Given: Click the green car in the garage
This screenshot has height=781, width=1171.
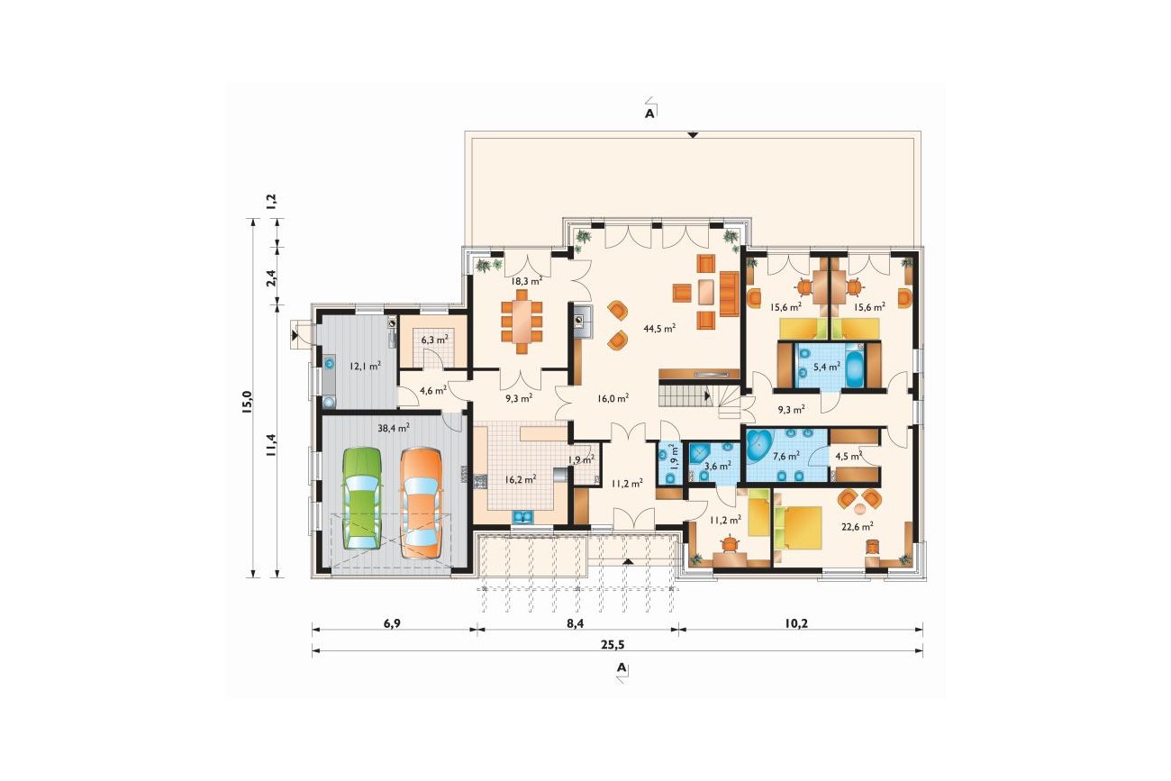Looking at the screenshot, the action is click(x=361, y=498).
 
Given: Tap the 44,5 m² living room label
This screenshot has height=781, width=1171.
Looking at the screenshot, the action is click(x=659, y=328).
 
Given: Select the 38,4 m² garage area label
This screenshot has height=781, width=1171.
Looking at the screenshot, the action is click(x=393, y=428).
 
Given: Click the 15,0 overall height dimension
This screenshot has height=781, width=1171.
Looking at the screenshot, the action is click(x=248, y=403).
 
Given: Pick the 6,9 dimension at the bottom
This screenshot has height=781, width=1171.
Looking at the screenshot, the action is click(x=392, y=623).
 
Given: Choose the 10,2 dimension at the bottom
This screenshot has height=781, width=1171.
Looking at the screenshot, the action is click(x=796, y=623).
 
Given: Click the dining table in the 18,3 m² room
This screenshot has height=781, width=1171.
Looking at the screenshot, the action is click(x=522, y=322).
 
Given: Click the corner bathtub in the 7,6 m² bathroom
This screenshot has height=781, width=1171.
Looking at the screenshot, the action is click(x=758, y=445).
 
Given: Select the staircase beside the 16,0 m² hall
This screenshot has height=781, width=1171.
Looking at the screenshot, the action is click(x=704, y=400).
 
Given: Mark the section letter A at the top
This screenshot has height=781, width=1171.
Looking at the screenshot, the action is click(x=649, y=114).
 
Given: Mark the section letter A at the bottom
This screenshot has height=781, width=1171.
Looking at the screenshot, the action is click(x=621, y=667).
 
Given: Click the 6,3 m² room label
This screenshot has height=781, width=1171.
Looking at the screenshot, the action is click(x=434, y=340).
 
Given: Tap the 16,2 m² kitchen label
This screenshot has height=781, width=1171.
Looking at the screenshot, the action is click(x=520, y=479).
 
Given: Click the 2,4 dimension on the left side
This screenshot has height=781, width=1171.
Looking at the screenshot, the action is click(x=271, y=278).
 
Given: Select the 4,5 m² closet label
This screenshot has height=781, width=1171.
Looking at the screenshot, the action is click(x=849, y=456).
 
